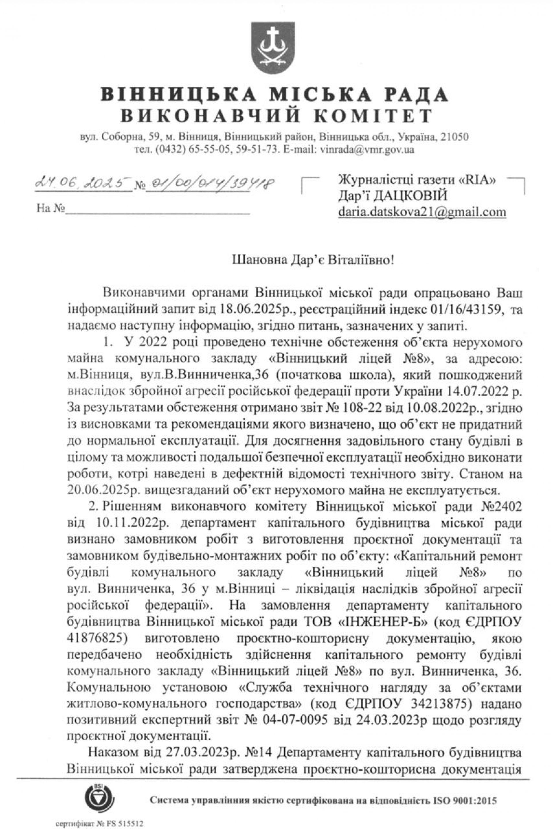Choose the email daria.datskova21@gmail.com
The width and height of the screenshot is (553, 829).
[422, 212]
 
